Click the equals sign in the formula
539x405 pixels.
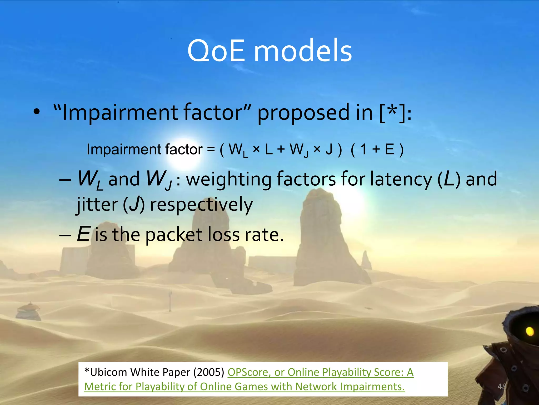[x=211, y=150]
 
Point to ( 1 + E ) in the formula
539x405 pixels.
[x=377, y=150]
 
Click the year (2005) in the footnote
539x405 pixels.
[x=209, y=372]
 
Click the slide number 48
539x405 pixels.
[x=502, y=387]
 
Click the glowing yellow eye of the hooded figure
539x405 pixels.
[x=530, y=331]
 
